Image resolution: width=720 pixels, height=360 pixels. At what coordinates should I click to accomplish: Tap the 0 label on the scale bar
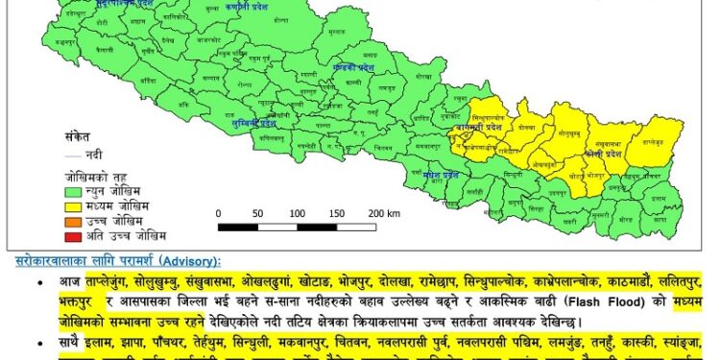click(219, 213)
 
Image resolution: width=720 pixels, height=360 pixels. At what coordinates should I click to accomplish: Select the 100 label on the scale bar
click(298, 213)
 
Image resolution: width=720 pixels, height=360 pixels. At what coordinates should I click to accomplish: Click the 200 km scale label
click(381, 213)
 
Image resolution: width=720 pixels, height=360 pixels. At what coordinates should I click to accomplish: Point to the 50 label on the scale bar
click(258, 213)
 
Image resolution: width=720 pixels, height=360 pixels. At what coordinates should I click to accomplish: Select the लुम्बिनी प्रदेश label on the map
click(253, 124)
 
